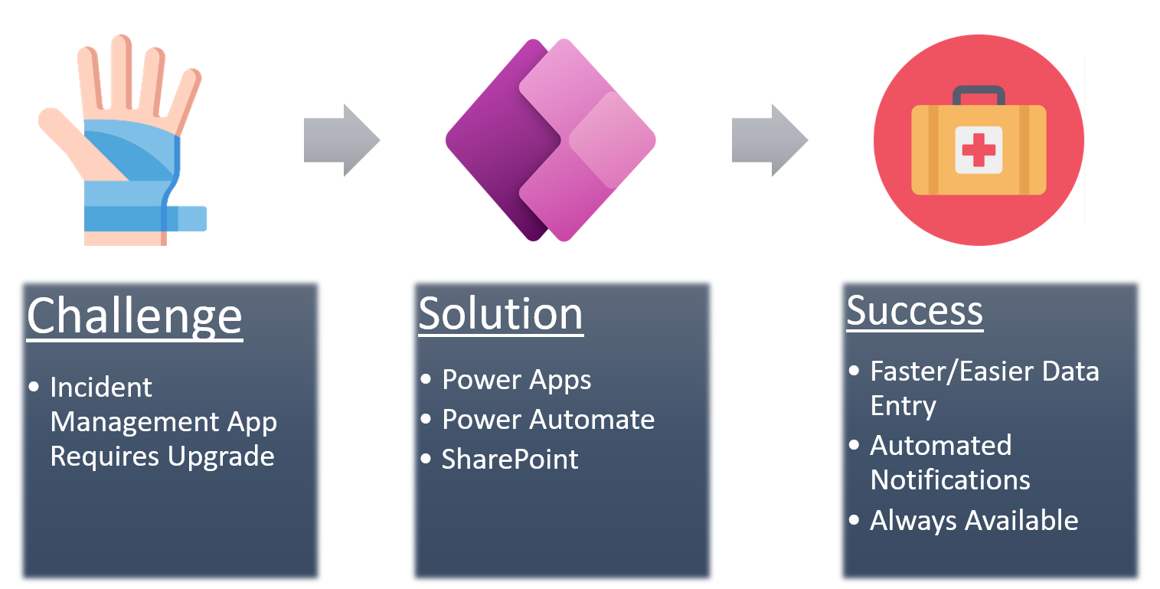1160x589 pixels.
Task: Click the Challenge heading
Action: click(135, 316)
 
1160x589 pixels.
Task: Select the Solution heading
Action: click(501, 314)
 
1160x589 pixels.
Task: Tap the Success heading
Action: click(914, 311)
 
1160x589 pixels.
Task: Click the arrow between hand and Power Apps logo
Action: click(341, 140)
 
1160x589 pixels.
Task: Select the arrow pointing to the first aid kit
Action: click(770, 140)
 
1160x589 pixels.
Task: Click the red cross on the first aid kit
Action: click(979, 149)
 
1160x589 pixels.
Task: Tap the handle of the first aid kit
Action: click(979, 95)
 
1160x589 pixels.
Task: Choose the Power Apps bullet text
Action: click(517, 380)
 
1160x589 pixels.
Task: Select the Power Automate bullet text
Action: click(548, 420)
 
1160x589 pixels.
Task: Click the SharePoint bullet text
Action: click(510, 460)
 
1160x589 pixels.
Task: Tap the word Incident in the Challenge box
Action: click(101, 388)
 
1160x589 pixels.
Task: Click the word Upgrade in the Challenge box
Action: click(221, 456)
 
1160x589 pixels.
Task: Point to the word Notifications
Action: click(950, 480)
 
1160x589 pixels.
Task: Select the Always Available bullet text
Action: click(974, 521)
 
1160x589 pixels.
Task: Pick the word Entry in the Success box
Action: click(903, 406)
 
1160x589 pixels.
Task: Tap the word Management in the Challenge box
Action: click(135, 422)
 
